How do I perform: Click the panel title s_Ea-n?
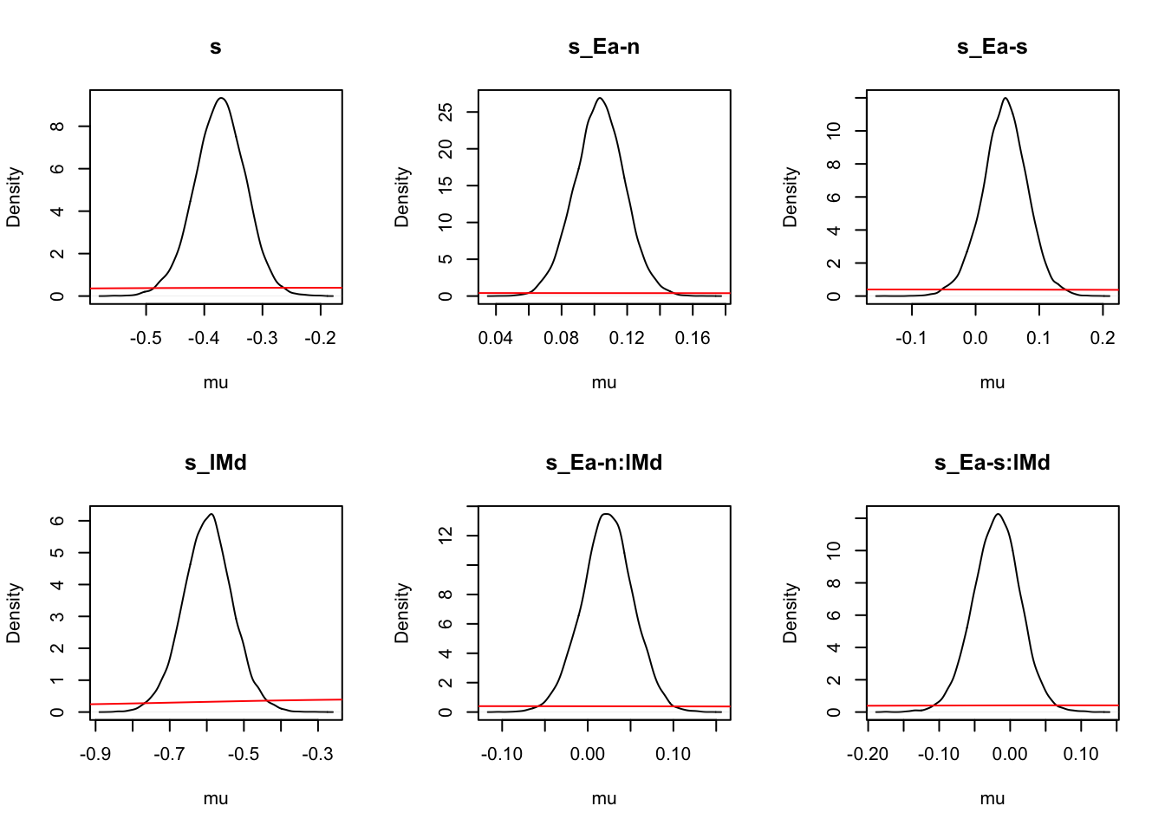click(x=604, y=47)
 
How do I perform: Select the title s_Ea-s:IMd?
click(x=992, y=463)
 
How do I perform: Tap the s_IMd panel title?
click(x=216, y=463)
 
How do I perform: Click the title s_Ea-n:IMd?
click(x=604, y=463)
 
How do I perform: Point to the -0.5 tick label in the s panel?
click(x=146, y=338)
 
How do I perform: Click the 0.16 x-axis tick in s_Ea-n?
click(x=693, y=338)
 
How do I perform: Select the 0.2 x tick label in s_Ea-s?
click(x=1103, y=338)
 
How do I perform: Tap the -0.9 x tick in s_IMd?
click(x=94, y=754)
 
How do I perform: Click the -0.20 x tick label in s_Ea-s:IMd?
click(x=868, y=754)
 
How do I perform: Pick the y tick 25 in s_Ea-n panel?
click(x=446, y=112)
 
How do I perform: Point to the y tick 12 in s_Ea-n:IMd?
click(x=446, y=536)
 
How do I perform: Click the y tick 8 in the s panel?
click(x=57, y=127)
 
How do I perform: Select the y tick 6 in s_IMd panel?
click(x=57, y=521)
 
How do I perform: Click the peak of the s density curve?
click(x=223, y=98)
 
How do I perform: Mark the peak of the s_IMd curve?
click(x=211, y=514)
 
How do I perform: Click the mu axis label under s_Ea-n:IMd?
click(x=604, y=798)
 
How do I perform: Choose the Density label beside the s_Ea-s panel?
click(x=790, y=198)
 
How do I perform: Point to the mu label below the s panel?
click(x=216, y=382)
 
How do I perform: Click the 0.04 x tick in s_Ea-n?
click(x=496, y=338)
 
